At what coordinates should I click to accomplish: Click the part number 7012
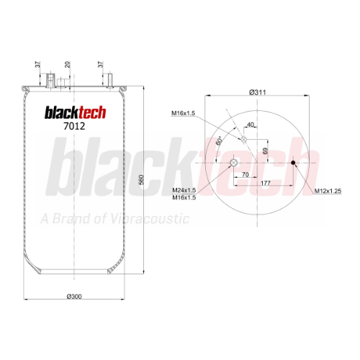pyautogui.click(x=74, y=126)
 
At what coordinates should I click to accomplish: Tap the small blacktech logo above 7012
pyautogui.click(x=76, y=112)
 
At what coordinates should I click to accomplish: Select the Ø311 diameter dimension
pyautogui.click(x=258, y=92)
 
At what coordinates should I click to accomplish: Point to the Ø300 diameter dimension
pyautogui.click(x=74, y=297)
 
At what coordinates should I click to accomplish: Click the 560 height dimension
pyautogui.click(x=142, y=180)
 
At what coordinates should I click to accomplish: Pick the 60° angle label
pyautogui.click(x=220, y=141)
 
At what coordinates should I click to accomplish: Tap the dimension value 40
pyautogui.click(x=251, y=125)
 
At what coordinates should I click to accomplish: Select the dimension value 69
pyautogui.click(x=265, y=151)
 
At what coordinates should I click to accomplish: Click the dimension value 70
pyautogui.click(x=246, y=174)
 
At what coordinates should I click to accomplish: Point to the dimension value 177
pyautogui.click(x=266, y=183)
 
